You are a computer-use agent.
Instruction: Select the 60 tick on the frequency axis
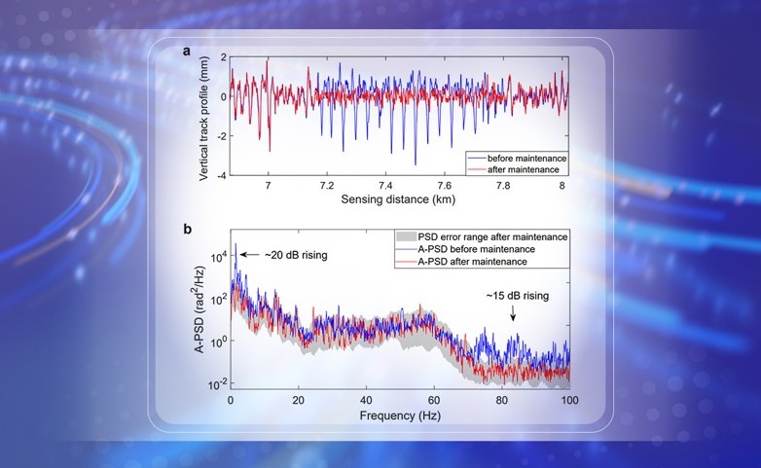434,400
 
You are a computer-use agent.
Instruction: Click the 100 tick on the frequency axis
569,400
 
